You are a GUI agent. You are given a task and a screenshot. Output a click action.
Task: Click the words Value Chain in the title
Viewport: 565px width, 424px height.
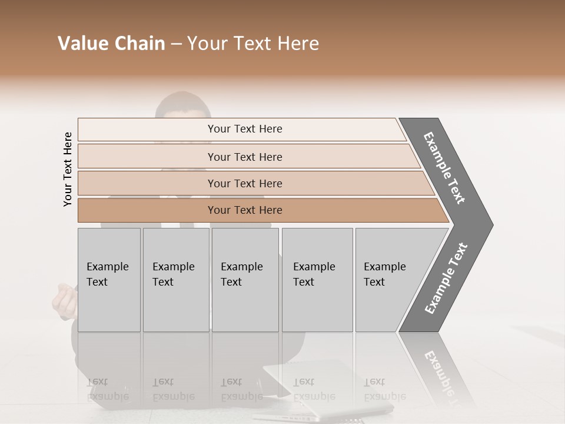[x=111, y=44]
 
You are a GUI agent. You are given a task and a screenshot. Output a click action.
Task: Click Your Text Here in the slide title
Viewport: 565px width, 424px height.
[x=253, y=44]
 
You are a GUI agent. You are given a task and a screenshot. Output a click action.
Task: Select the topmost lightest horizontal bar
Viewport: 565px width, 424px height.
[x=244, y=129]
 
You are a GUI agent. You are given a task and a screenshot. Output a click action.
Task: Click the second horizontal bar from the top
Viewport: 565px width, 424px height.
[x=244, y=157]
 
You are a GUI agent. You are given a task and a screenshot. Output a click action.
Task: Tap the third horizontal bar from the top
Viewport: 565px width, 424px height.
[x=244, y=183]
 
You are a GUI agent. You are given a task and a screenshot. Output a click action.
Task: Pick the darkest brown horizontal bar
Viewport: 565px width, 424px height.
[x=244, y=210]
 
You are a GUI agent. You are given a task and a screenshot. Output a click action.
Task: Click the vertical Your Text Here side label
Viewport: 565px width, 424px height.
[x=68, y=169]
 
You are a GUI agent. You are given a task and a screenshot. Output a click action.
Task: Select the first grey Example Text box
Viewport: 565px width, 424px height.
[x=109, y=280]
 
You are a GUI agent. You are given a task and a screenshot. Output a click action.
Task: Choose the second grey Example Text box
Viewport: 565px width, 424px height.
[x=175, y=280]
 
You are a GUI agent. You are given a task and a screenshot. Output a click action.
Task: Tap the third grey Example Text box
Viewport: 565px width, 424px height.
[x=244, y=280]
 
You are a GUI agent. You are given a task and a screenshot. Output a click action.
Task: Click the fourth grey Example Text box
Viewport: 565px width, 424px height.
[x=317, y=280]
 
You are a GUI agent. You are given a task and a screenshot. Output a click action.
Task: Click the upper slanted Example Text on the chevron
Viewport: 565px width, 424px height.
[x=444, y=168]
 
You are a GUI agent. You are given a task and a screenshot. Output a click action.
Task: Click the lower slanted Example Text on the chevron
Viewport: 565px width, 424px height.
[x=446, y=279]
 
